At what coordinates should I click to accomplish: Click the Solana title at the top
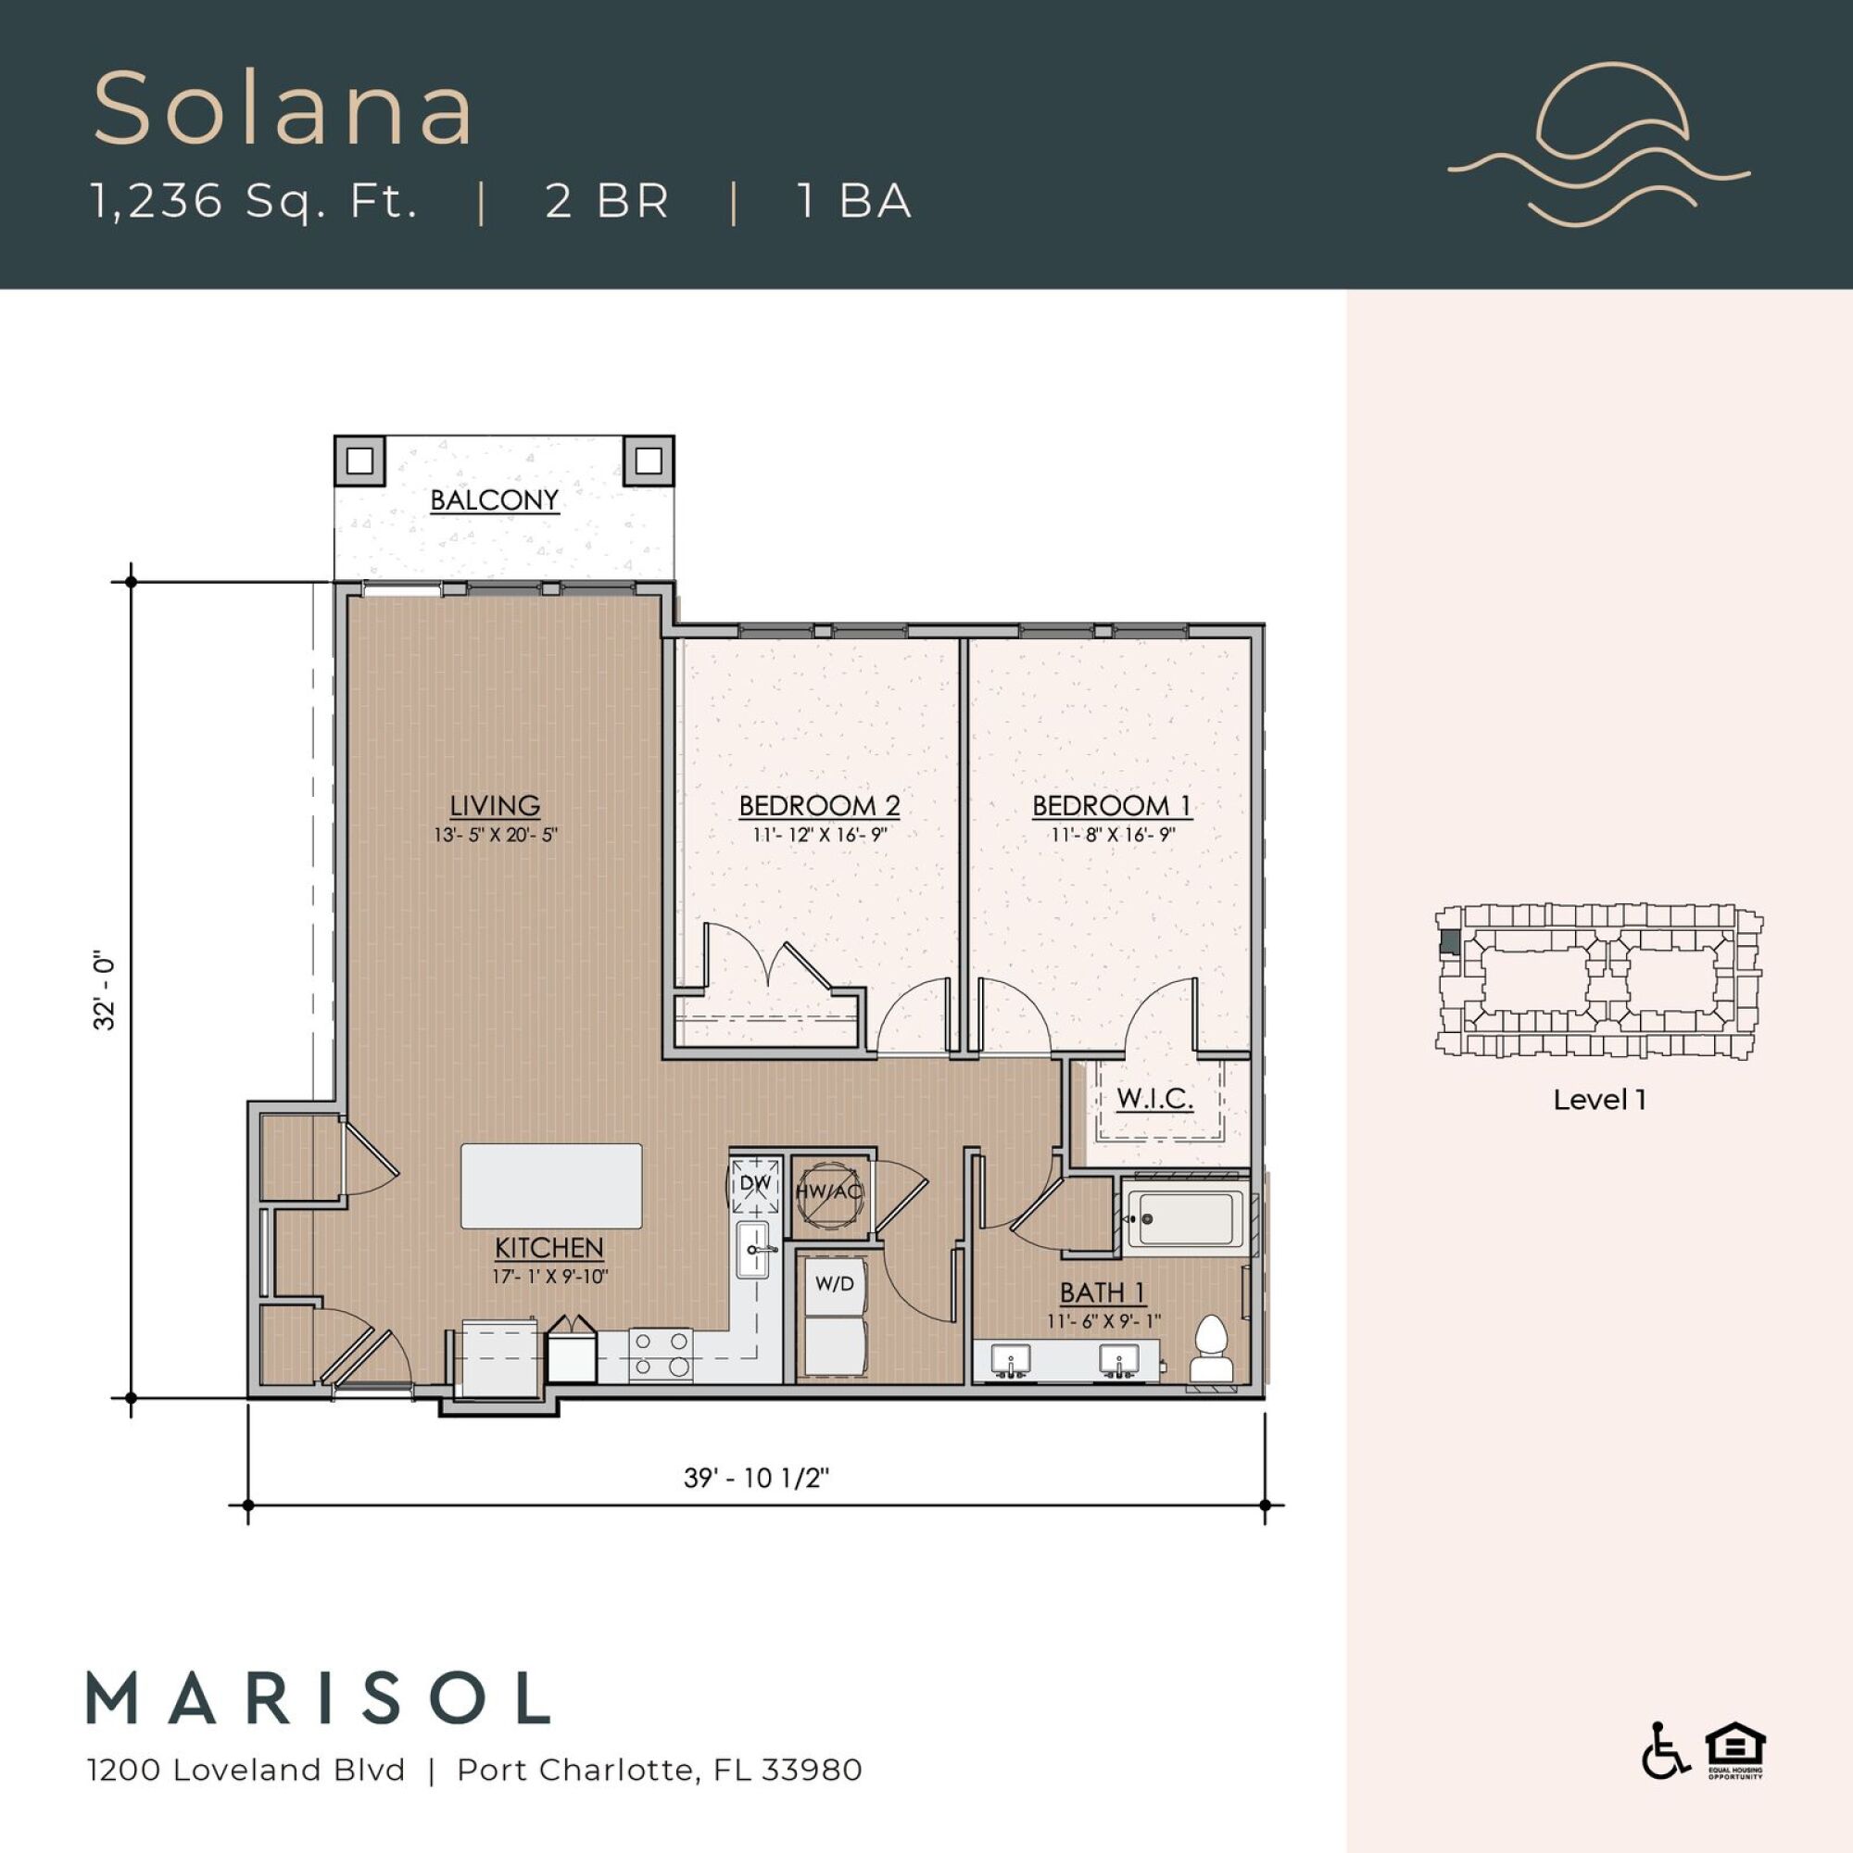[284, 108]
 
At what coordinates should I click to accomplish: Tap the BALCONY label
[494, 500]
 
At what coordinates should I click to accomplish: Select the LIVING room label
[495, 805]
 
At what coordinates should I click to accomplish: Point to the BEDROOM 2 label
[819, 805]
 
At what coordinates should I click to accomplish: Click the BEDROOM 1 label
[1112, 805]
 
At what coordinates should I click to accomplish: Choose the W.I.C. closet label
[1154, 1098]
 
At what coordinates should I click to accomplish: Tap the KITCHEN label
[548, 1248]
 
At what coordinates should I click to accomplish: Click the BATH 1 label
[1102, 1292]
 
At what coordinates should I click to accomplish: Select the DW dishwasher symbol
[757, 1183]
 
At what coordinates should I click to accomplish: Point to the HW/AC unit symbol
[829, 1192]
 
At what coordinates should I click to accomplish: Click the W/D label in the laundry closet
[835, 1283]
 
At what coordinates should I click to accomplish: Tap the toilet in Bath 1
[1214, 1346]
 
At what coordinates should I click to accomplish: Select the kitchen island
[551, 1186]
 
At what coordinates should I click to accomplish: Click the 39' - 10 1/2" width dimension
[756, 1478]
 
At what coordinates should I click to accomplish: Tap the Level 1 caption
[1600, 1100]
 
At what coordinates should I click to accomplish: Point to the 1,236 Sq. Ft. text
[254, 201]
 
